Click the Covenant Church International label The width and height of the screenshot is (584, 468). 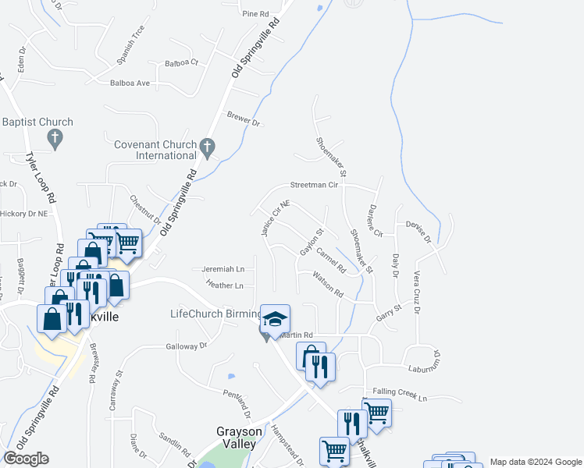tap(155, 150)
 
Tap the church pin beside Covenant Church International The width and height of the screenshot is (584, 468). tap(207, 146)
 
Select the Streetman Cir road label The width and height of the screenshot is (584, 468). tap(314, 186)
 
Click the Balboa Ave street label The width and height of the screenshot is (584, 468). tap(130, 83)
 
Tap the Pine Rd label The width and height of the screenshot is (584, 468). tap(255, 14)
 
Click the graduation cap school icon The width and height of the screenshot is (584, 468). tap(275, 320)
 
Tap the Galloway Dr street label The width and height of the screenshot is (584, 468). tap(186, 346)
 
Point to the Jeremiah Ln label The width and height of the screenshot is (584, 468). tap(223, 269)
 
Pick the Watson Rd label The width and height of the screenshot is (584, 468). tap(328, 284)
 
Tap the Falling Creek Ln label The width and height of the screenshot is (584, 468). tap(401, 395)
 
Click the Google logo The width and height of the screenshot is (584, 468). tap(26, 459)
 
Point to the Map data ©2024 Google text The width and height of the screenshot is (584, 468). tap(535, 462)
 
